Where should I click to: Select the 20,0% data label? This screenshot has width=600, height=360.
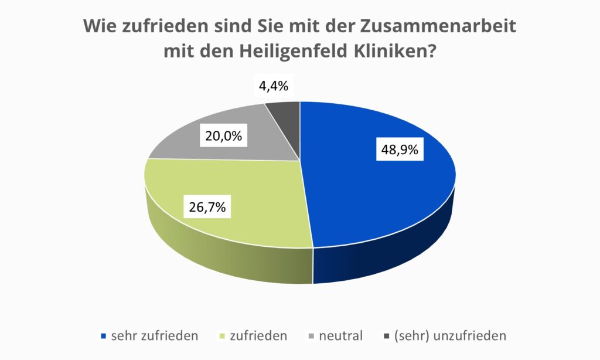point(224,136)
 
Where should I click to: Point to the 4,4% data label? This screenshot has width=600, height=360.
point(273,86)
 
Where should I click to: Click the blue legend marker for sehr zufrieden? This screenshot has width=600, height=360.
point(104,337)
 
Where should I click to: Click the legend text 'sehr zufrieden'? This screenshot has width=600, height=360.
point(155,336)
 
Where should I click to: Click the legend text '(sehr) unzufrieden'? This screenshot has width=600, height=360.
point(450,336)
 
